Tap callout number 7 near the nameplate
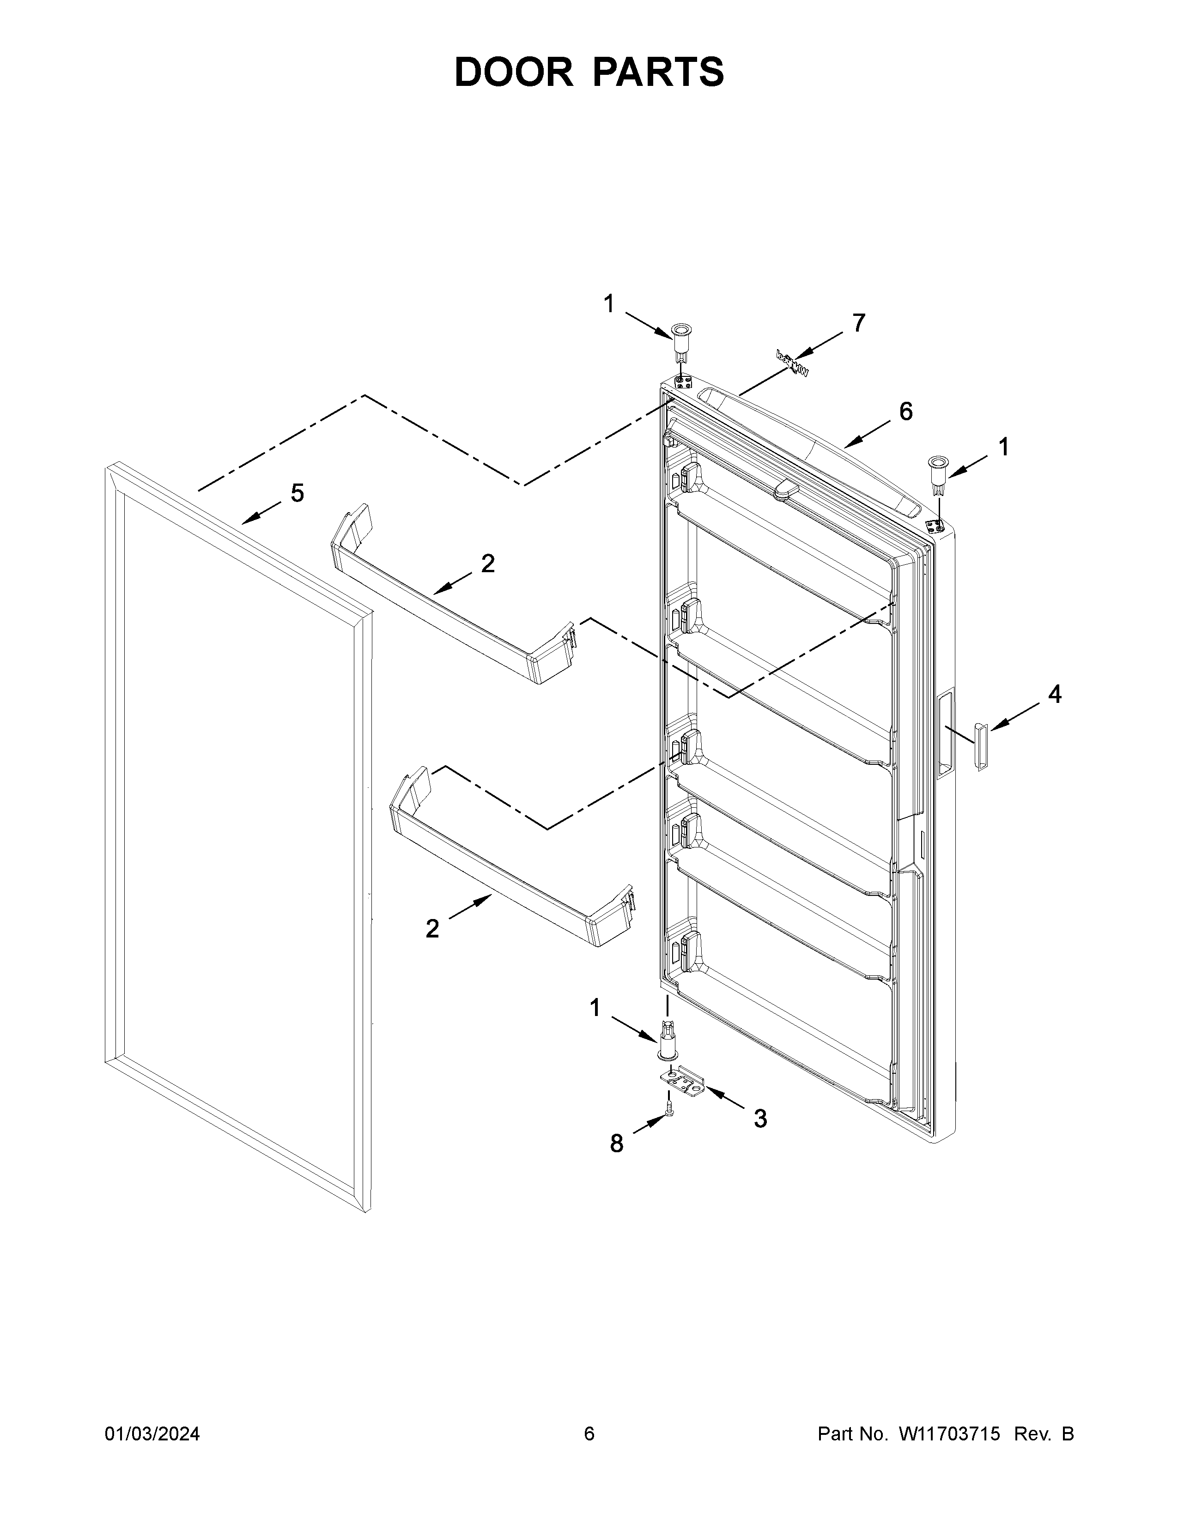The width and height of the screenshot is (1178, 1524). pyautogui.click(x=858, y=323)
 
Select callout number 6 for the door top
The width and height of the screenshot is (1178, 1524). pyautogui.click(x=905, y=411)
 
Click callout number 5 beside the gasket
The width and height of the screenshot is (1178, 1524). pyautogui.click(x=298, y=493)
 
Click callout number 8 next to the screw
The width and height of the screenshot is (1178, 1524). pyautogui.click(x=616, y=1143)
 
